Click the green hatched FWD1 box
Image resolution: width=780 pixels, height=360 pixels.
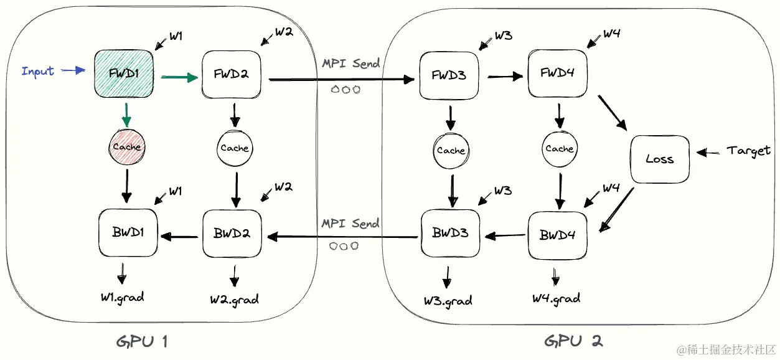[124, 73]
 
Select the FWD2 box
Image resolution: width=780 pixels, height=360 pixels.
[231, 74]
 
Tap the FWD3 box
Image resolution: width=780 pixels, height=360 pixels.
[449, 75]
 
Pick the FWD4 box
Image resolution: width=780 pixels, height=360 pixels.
[558, 73]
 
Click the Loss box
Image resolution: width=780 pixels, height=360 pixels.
[660, 159]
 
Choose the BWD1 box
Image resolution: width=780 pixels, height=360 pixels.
[128, 232]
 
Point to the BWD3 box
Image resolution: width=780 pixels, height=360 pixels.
[450, 233]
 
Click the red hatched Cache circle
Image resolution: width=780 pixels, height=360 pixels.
[127, 147]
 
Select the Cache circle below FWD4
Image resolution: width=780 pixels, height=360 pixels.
[560, 149]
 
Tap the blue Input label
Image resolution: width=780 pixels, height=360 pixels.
[37, 72]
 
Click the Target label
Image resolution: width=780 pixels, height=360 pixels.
[748, 151]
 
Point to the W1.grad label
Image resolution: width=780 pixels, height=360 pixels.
[122, 298]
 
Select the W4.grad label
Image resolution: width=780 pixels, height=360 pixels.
[556, 299]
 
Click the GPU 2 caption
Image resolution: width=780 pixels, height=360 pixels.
[573, 341]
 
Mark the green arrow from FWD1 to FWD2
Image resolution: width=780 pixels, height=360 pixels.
[179, 77]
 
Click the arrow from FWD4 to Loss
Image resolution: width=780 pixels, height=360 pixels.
[613, 113]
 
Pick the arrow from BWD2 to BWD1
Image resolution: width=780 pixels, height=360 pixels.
[179, 237]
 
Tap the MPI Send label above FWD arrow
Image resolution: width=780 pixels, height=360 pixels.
[351, 64]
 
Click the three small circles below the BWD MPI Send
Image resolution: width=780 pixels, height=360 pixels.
[344, 246]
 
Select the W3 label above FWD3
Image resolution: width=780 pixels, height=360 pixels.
[503, 36]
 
